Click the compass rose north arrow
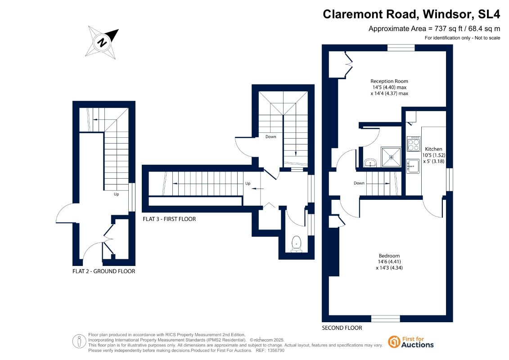point(102,42)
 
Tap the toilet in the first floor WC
point(296,244)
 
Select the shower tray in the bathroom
point(391,157)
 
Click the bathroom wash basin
point(370,162)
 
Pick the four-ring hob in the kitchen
point(414,144)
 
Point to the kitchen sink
point(413,166)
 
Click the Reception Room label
point(389,81)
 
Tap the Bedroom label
point(389,256)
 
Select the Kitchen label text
point(434,149)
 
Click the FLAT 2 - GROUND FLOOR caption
point(104,271)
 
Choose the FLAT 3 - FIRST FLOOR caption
point(170,219)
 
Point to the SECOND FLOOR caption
point(342,328)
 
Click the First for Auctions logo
point(411,342)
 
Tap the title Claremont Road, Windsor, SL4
point(411,14)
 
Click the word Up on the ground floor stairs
point(116,194)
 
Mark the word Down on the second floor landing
point(359,183)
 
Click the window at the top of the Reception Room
point(401,48)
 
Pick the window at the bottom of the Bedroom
point(386,319)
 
